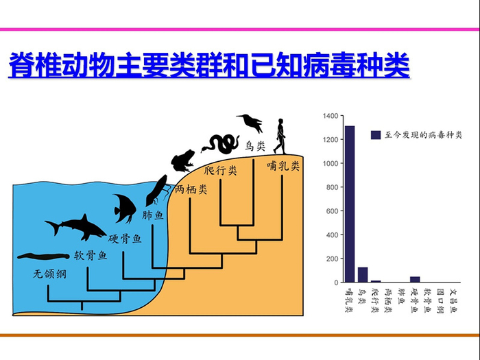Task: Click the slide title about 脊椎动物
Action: pos(208,67)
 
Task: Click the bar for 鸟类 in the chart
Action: pos(363,274)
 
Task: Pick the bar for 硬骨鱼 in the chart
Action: pos(415,279)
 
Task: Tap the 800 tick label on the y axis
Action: pos(331,187)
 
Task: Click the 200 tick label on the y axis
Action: pos(331,259)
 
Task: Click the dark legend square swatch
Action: pos(376,135)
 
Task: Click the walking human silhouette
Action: pos(280,136)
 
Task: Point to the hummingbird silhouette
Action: pos(250,123)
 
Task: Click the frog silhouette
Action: pos(184,162)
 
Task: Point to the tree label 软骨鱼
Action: pos(91,256)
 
